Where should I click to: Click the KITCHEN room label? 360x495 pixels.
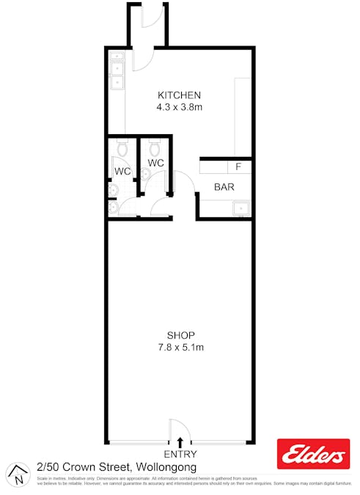pyautogui.click(x=180, y=95)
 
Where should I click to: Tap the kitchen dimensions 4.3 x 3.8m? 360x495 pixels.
pyautogui.click(x=180, y=107)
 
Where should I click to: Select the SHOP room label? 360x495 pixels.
pyautogui.click(x=180, y=335)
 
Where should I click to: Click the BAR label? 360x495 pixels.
pyautogui.click(x=224, y=187)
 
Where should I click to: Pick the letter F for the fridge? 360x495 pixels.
pyautogui.click(x=238, y=166)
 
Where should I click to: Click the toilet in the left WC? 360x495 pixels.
pyautogui.click(x=121, y=150)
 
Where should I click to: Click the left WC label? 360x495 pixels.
pyautogui.click(x=122, y=172)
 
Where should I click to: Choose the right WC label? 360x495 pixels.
pyautogui.click(x=156, y=163)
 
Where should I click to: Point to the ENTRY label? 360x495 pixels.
pyautogui.click(x=180, y=455)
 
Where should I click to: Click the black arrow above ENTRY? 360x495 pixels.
pyautogui.click(x=180, y=442)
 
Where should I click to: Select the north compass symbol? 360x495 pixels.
pyautogui.click(x=18, y=474)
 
